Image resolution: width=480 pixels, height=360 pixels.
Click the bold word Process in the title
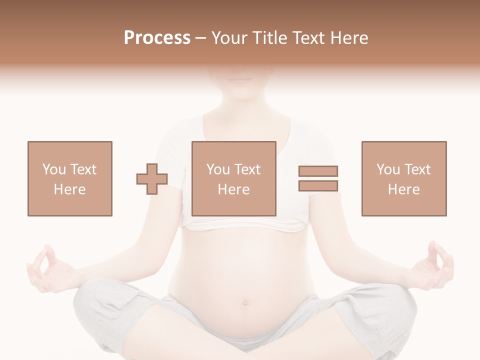[x=157, y=38]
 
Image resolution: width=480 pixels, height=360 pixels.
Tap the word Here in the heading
[x=348, y=38]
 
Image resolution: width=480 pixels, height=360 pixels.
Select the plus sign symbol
[x=152, y=179]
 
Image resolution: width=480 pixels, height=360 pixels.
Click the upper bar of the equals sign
[x=318, y=171]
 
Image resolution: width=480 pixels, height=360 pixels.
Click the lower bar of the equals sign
[x=318, y=185]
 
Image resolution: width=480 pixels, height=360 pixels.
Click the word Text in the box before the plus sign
[x=83, y=169]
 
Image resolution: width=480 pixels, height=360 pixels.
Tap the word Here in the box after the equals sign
[x=403, y=189]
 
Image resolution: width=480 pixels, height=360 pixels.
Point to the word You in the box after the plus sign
[x=218, y=169]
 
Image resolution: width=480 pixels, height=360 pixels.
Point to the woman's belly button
[x=245, y=302]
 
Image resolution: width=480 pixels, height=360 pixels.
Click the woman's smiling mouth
[x=242, y=79]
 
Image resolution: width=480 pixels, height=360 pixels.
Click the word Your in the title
[x=229, y=38]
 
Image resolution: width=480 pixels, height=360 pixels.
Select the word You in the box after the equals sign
[x=388, y=169]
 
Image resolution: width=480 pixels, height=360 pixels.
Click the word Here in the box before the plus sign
[x=69, y=189]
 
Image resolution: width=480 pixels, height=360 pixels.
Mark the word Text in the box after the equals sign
[x=417, y=169]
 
